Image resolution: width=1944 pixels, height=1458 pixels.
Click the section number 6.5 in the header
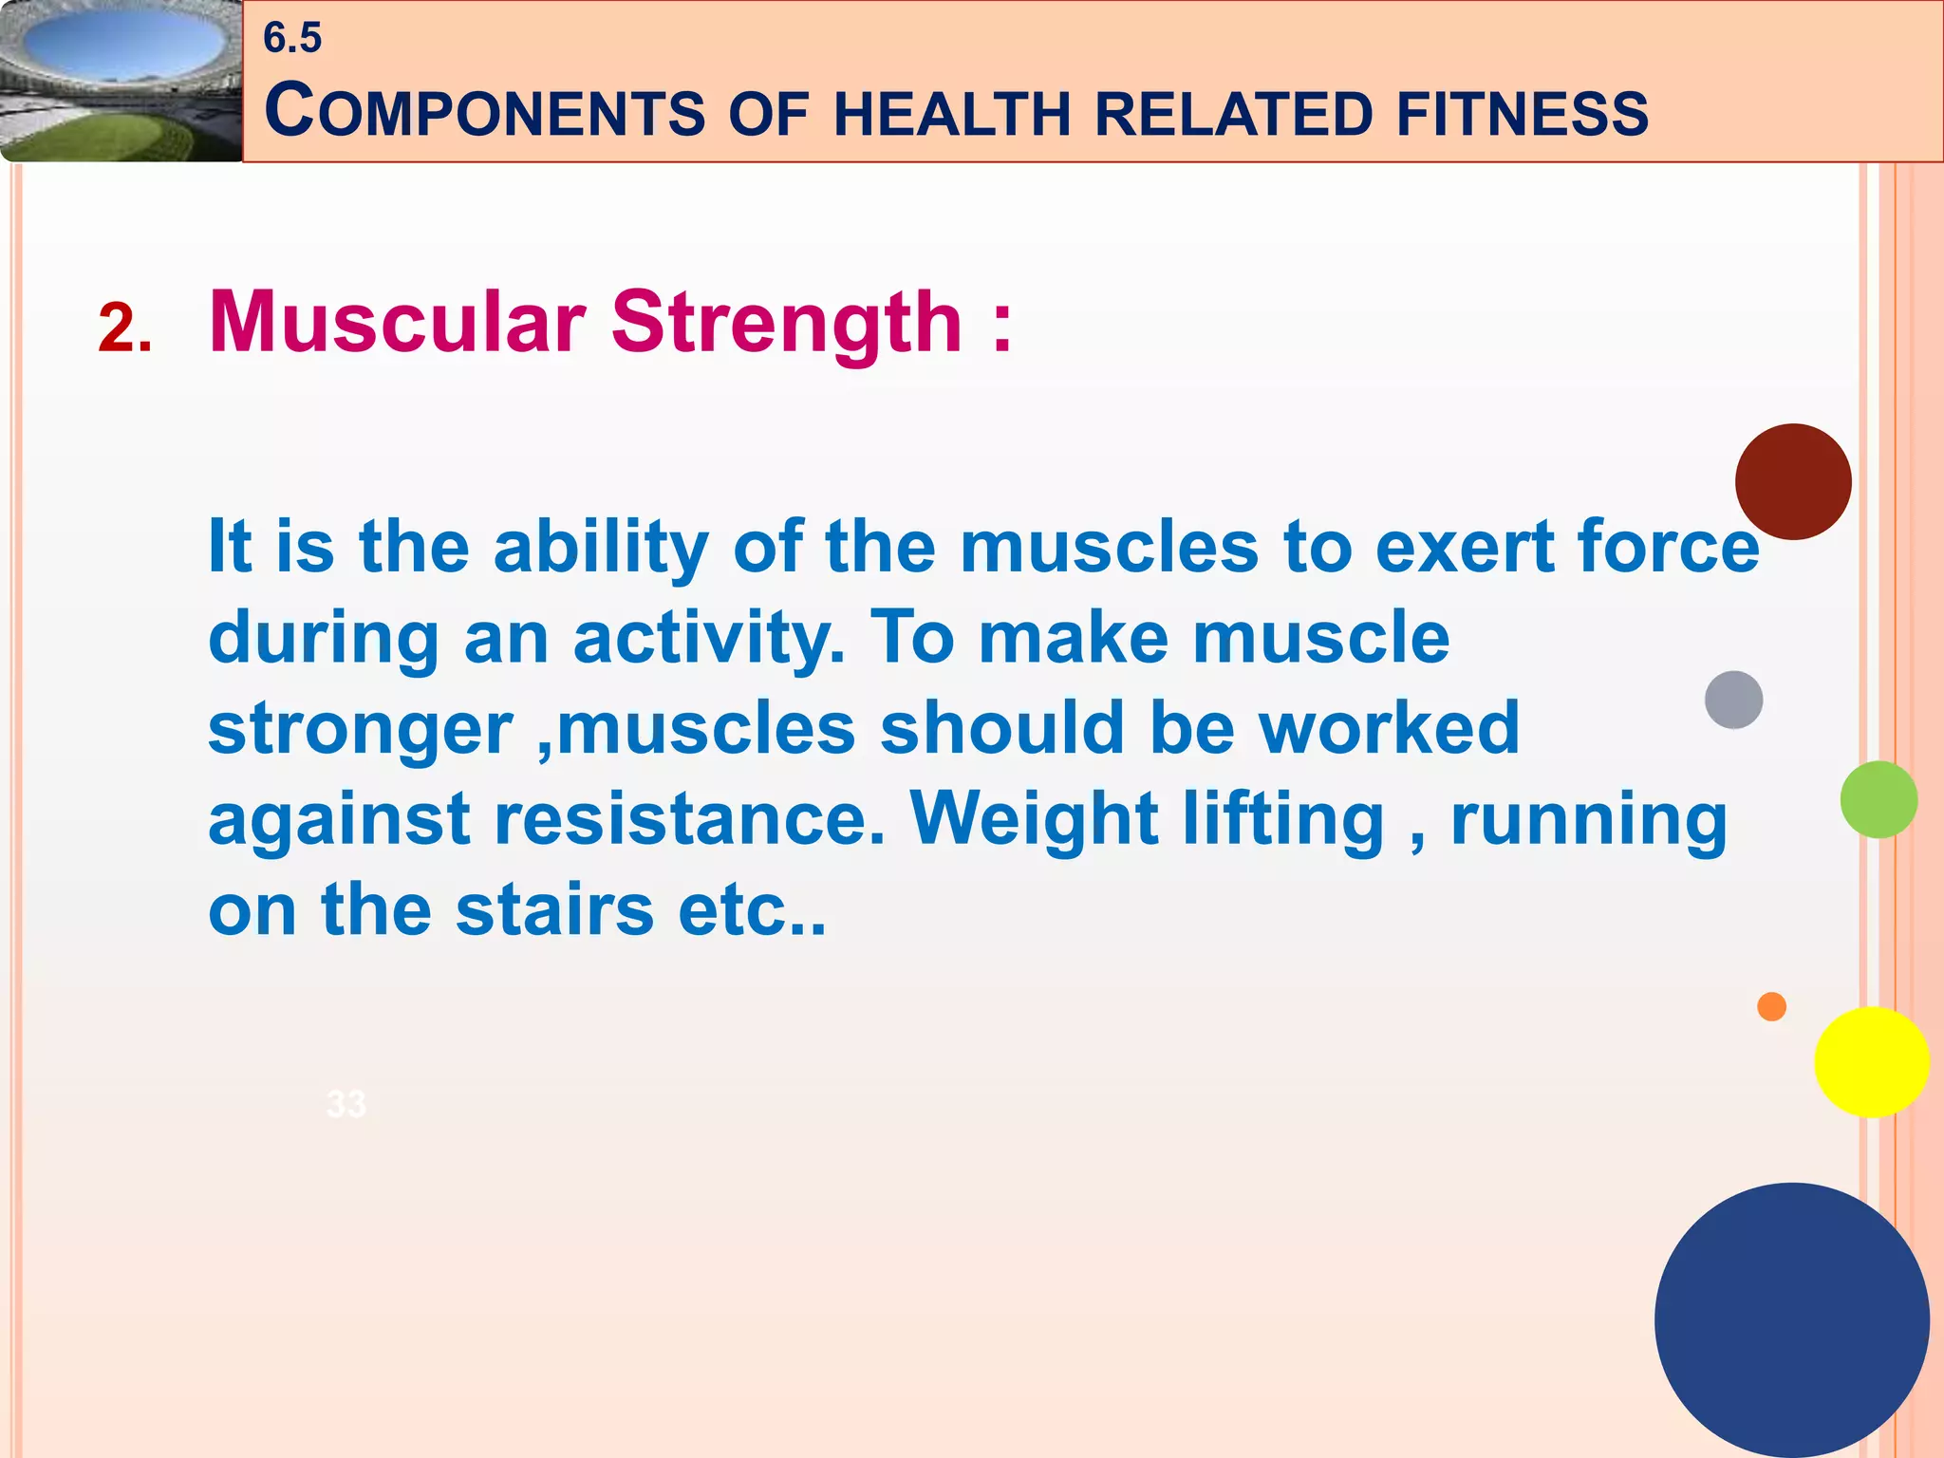[x=292, y=39]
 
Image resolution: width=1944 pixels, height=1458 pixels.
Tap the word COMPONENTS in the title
[x=484, y=112]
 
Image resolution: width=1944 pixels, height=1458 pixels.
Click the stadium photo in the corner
[x=121, y=80]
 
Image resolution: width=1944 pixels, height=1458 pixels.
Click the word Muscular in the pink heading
[x=396, y=323]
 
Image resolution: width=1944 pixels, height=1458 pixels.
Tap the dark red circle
[x=1792, y=482]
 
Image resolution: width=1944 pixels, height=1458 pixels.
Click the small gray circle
[x=1733, y=700]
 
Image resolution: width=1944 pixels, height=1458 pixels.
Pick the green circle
[x=1878, y=799]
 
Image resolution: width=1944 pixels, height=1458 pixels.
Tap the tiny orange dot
[x=1771, y=1006]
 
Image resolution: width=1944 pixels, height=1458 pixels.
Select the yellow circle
[x=1871, y=1062]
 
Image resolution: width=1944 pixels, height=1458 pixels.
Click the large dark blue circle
[x=1791, y=1319]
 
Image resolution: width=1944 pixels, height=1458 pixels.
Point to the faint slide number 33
[x=346, y=1104]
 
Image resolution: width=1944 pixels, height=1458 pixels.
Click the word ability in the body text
[x=601, y=548]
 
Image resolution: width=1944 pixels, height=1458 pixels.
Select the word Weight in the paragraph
[x=1034, y=819]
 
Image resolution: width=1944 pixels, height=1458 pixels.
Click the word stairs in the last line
[x=554, y=909]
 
